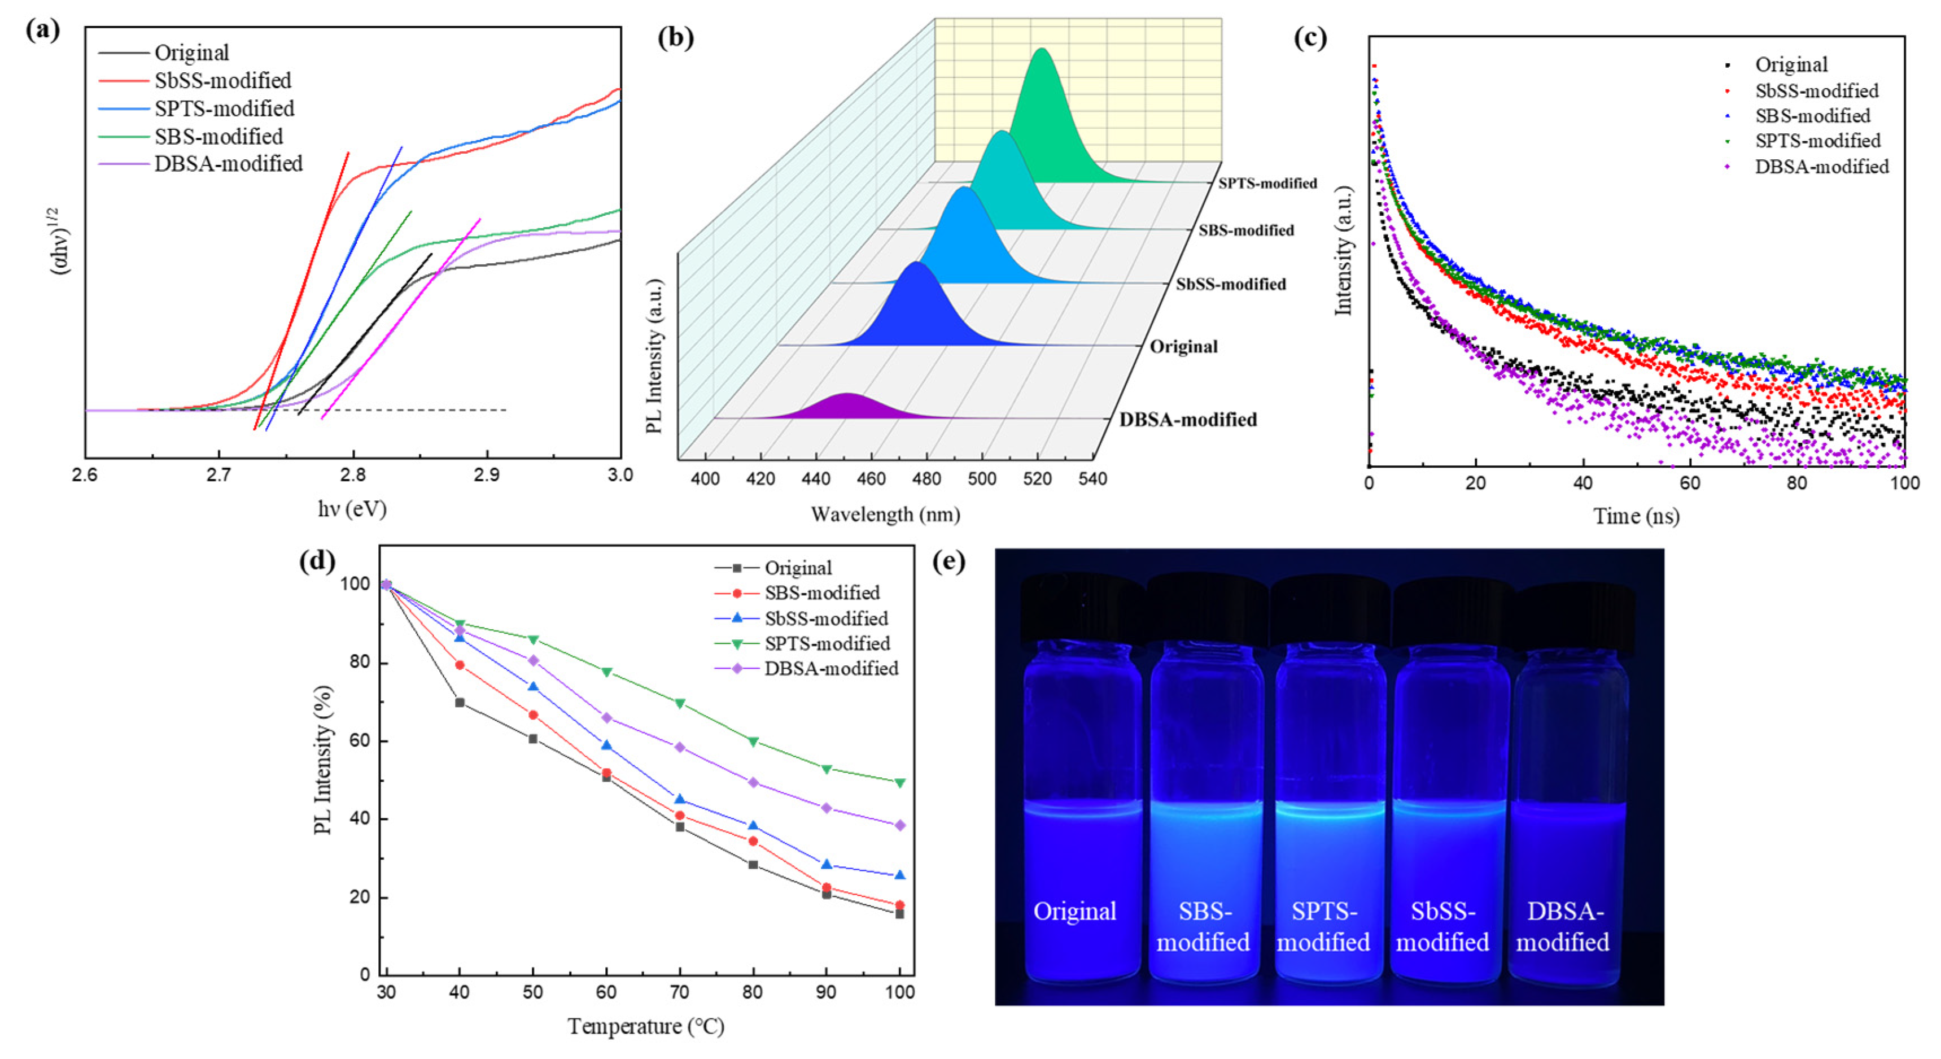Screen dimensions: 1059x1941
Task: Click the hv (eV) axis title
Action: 352,509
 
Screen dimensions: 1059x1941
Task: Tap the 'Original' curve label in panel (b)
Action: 1183,347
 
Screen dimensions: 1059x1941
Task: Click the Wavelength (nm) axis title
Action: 885,515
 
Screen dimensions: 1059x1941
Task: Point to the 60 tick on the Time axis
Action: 1690,483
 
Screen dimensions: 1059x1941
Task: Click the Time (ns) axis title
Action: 1636,516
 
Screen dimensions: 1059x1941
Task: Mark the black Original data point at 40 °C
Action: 460,703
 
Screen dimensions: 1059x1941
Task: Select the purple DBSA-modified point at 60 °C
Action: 606,717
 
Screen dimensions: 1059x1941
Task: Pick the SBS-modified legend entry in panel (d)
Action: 821,593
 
